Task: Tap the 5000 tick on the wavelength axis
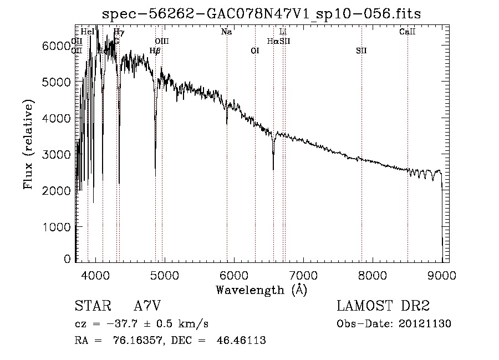coord(165,275)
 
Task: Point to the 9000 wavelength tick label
coord(442,275)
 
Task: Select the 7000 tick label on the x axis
coord(303,275)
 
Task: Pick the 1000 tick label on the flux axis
coord(57,227)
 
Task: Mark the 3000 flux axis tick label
coord(57,155)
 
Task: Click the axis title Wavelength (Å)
coord(261,290)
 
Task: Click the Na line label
coord(226,32)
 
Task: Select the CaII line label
coord(408,32)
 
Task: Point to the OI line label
coord(255,51)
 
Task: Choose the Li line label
coord(283,32)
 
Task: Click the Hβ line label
coord(155,51)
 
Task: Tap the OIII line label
coord(162,42)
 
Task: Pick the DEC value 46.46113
coord(241,341)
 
